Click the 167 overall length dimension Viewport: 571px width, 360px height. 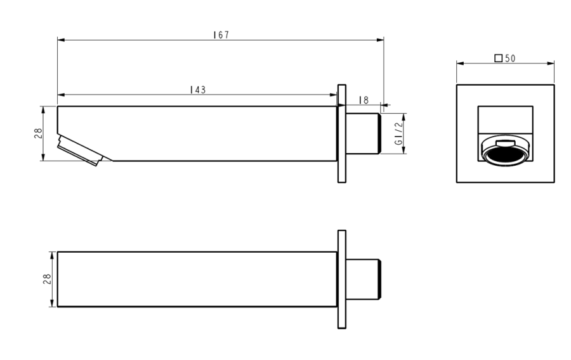(x=221, y=35)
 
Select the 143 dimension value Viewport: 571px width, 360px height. (x=198, y=90)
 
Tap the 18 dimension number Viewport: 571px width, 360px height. (x=364, y=100)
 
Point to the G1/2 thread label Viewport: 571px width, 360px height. (x=399, y=133)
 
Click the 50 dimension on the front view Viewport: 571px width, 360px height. (x=510, y=58)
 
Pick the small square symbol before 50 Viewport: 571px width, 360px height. (x=498, y=58)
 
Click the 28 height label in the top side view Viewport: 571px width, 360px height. (x=38, y=133)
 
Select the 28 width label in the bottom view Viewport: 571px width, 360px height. (x=47, y=279)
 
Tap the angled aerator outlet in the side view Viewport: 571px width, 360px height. (x=80, y=150)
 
